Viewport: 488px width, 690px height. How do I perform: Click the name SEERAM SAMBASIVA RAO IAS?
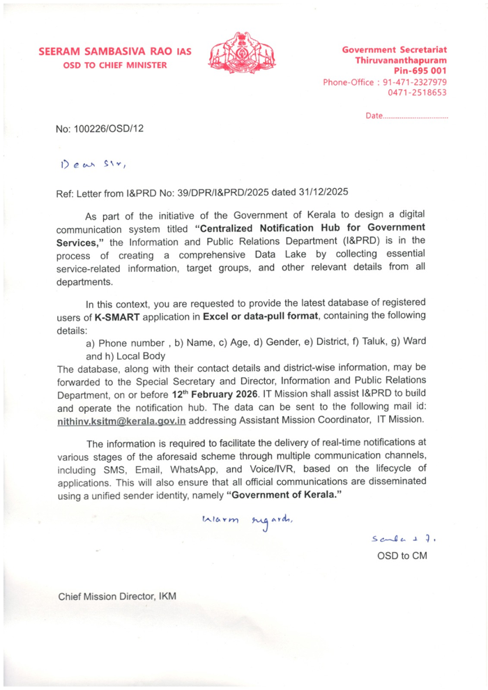point(114,52)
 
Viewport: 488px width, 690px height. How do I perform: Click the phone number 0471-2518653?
point(416,93)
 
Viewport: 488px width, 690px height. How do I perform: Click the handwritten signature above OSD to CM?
point(400,539)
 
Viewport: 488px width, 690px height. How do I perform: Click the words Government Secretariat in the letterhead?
point(394,50)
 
